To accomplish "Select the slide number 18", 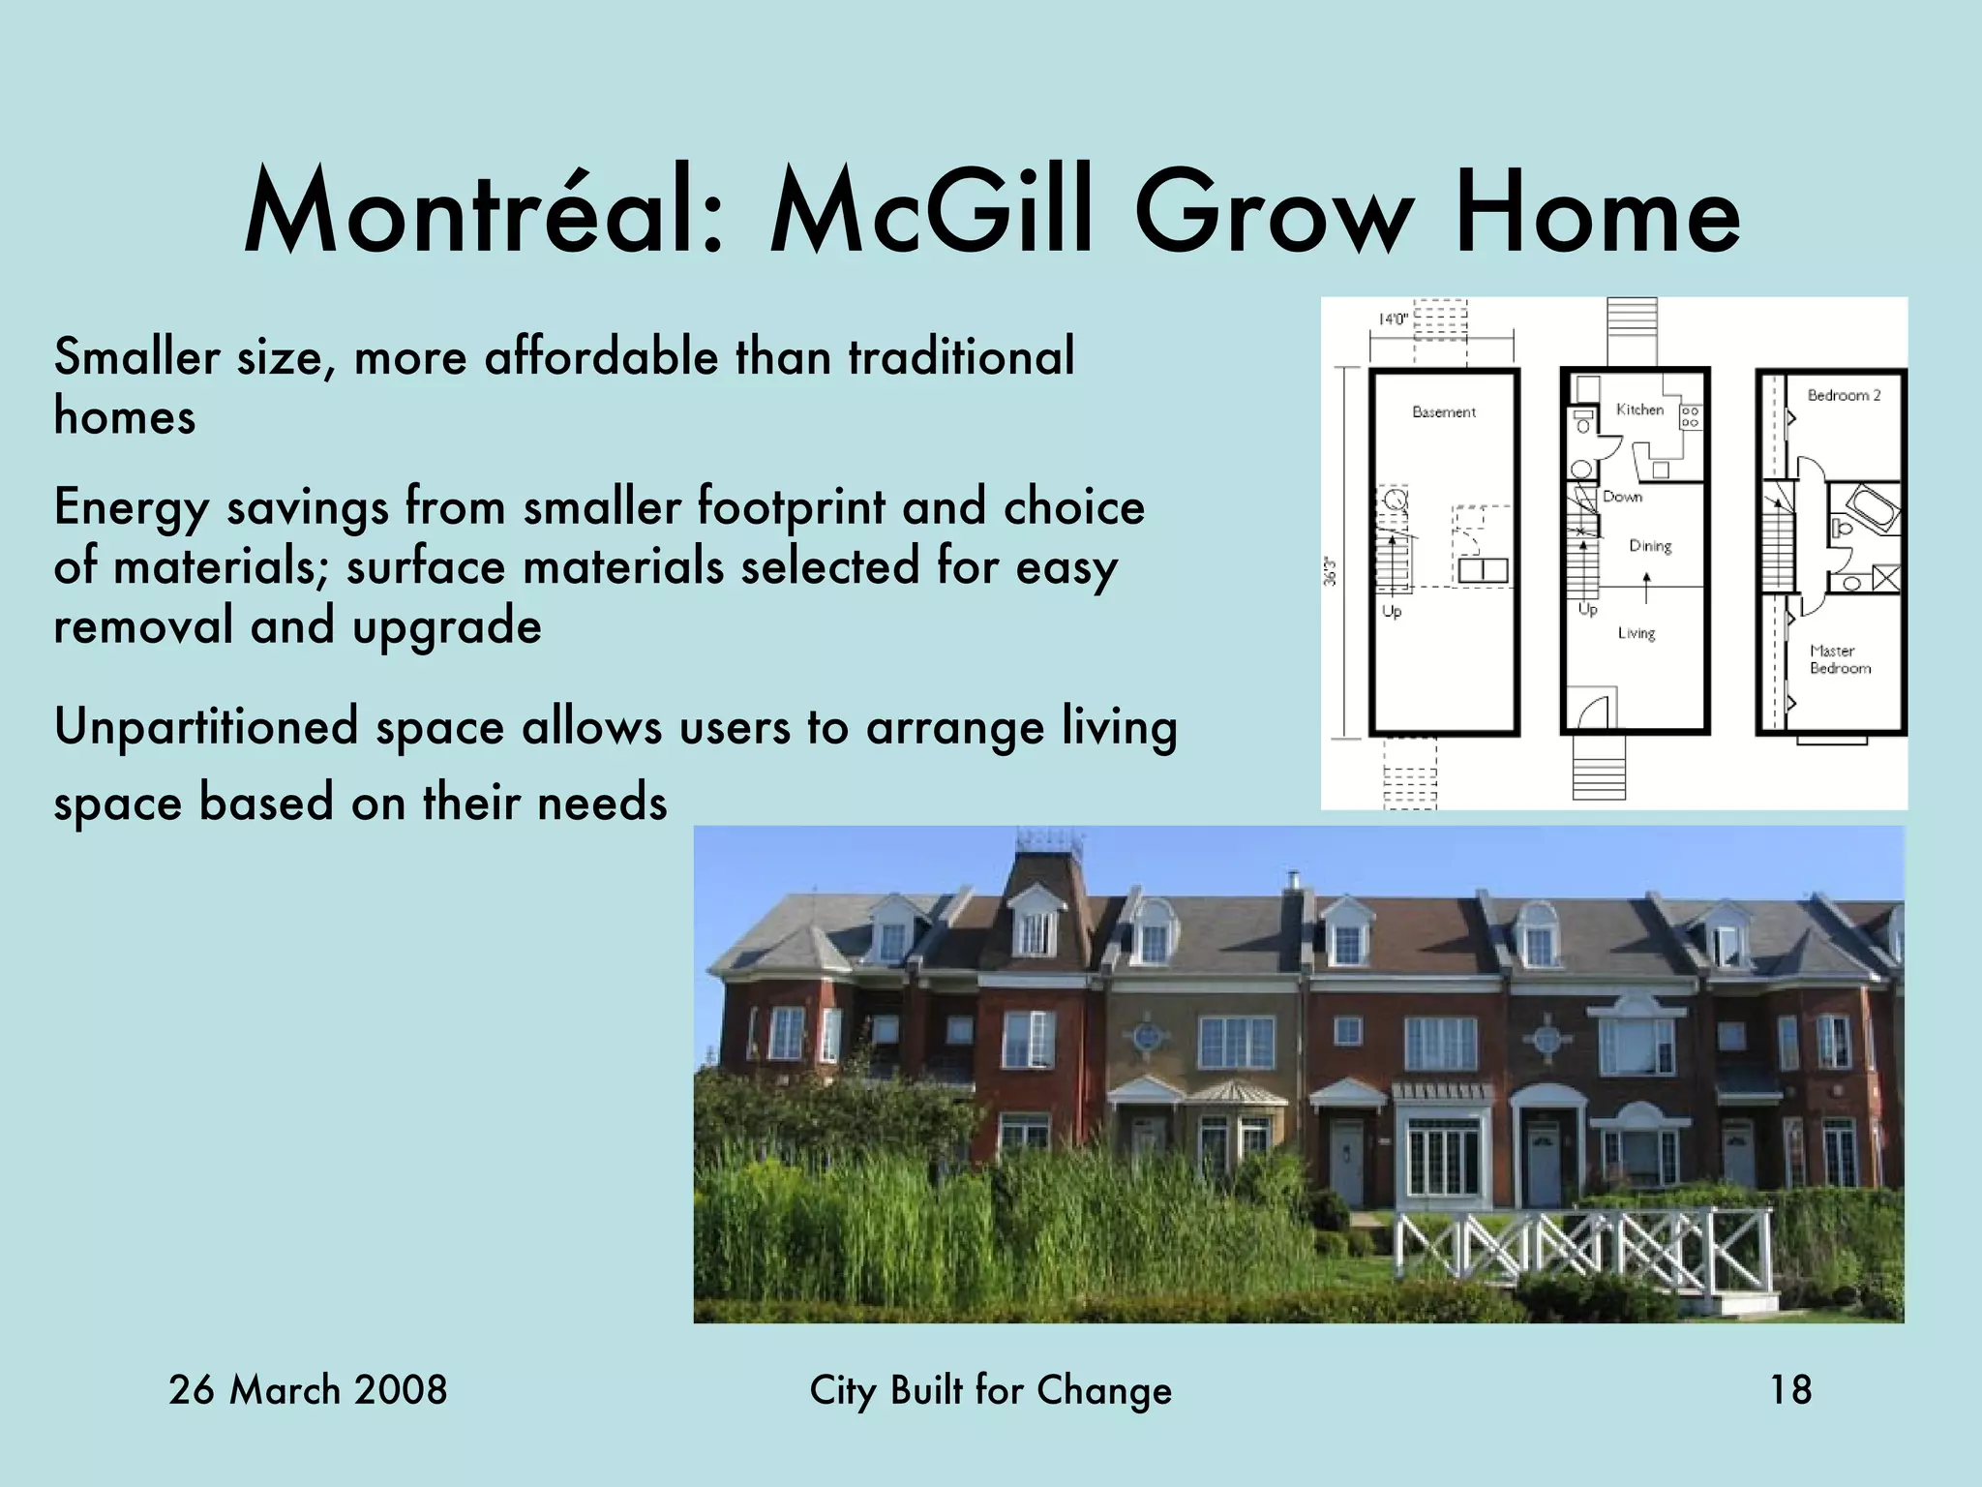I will click(x=1790, y=1390).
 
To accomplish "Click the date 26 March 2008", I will click(x=308, y=1390).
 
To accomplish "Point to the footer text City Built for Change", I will click(x=990, y=1390).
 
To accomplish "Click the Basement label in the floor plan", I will click(x=1444, y=412).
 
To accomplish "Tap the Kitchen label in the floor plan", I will click(x=1639, y=410).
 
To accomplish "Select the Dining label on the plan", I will click(x=1650, y=546).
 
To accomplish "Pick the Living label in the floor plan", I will click(x=1637, y=633).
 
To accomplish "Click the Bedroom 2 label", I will click(x=1844, y=395).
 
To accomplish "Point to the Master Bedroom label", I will click(x=1840, y=659).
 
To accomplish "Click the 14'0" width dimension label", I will click(x=1393, y=319).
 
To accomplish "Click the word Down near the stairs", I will click(x=1622, y=497).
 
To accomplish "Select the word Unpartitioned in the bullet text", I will click(x=205, y=728).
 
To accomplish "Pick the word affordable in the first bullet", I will click(x=601, y=356).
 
